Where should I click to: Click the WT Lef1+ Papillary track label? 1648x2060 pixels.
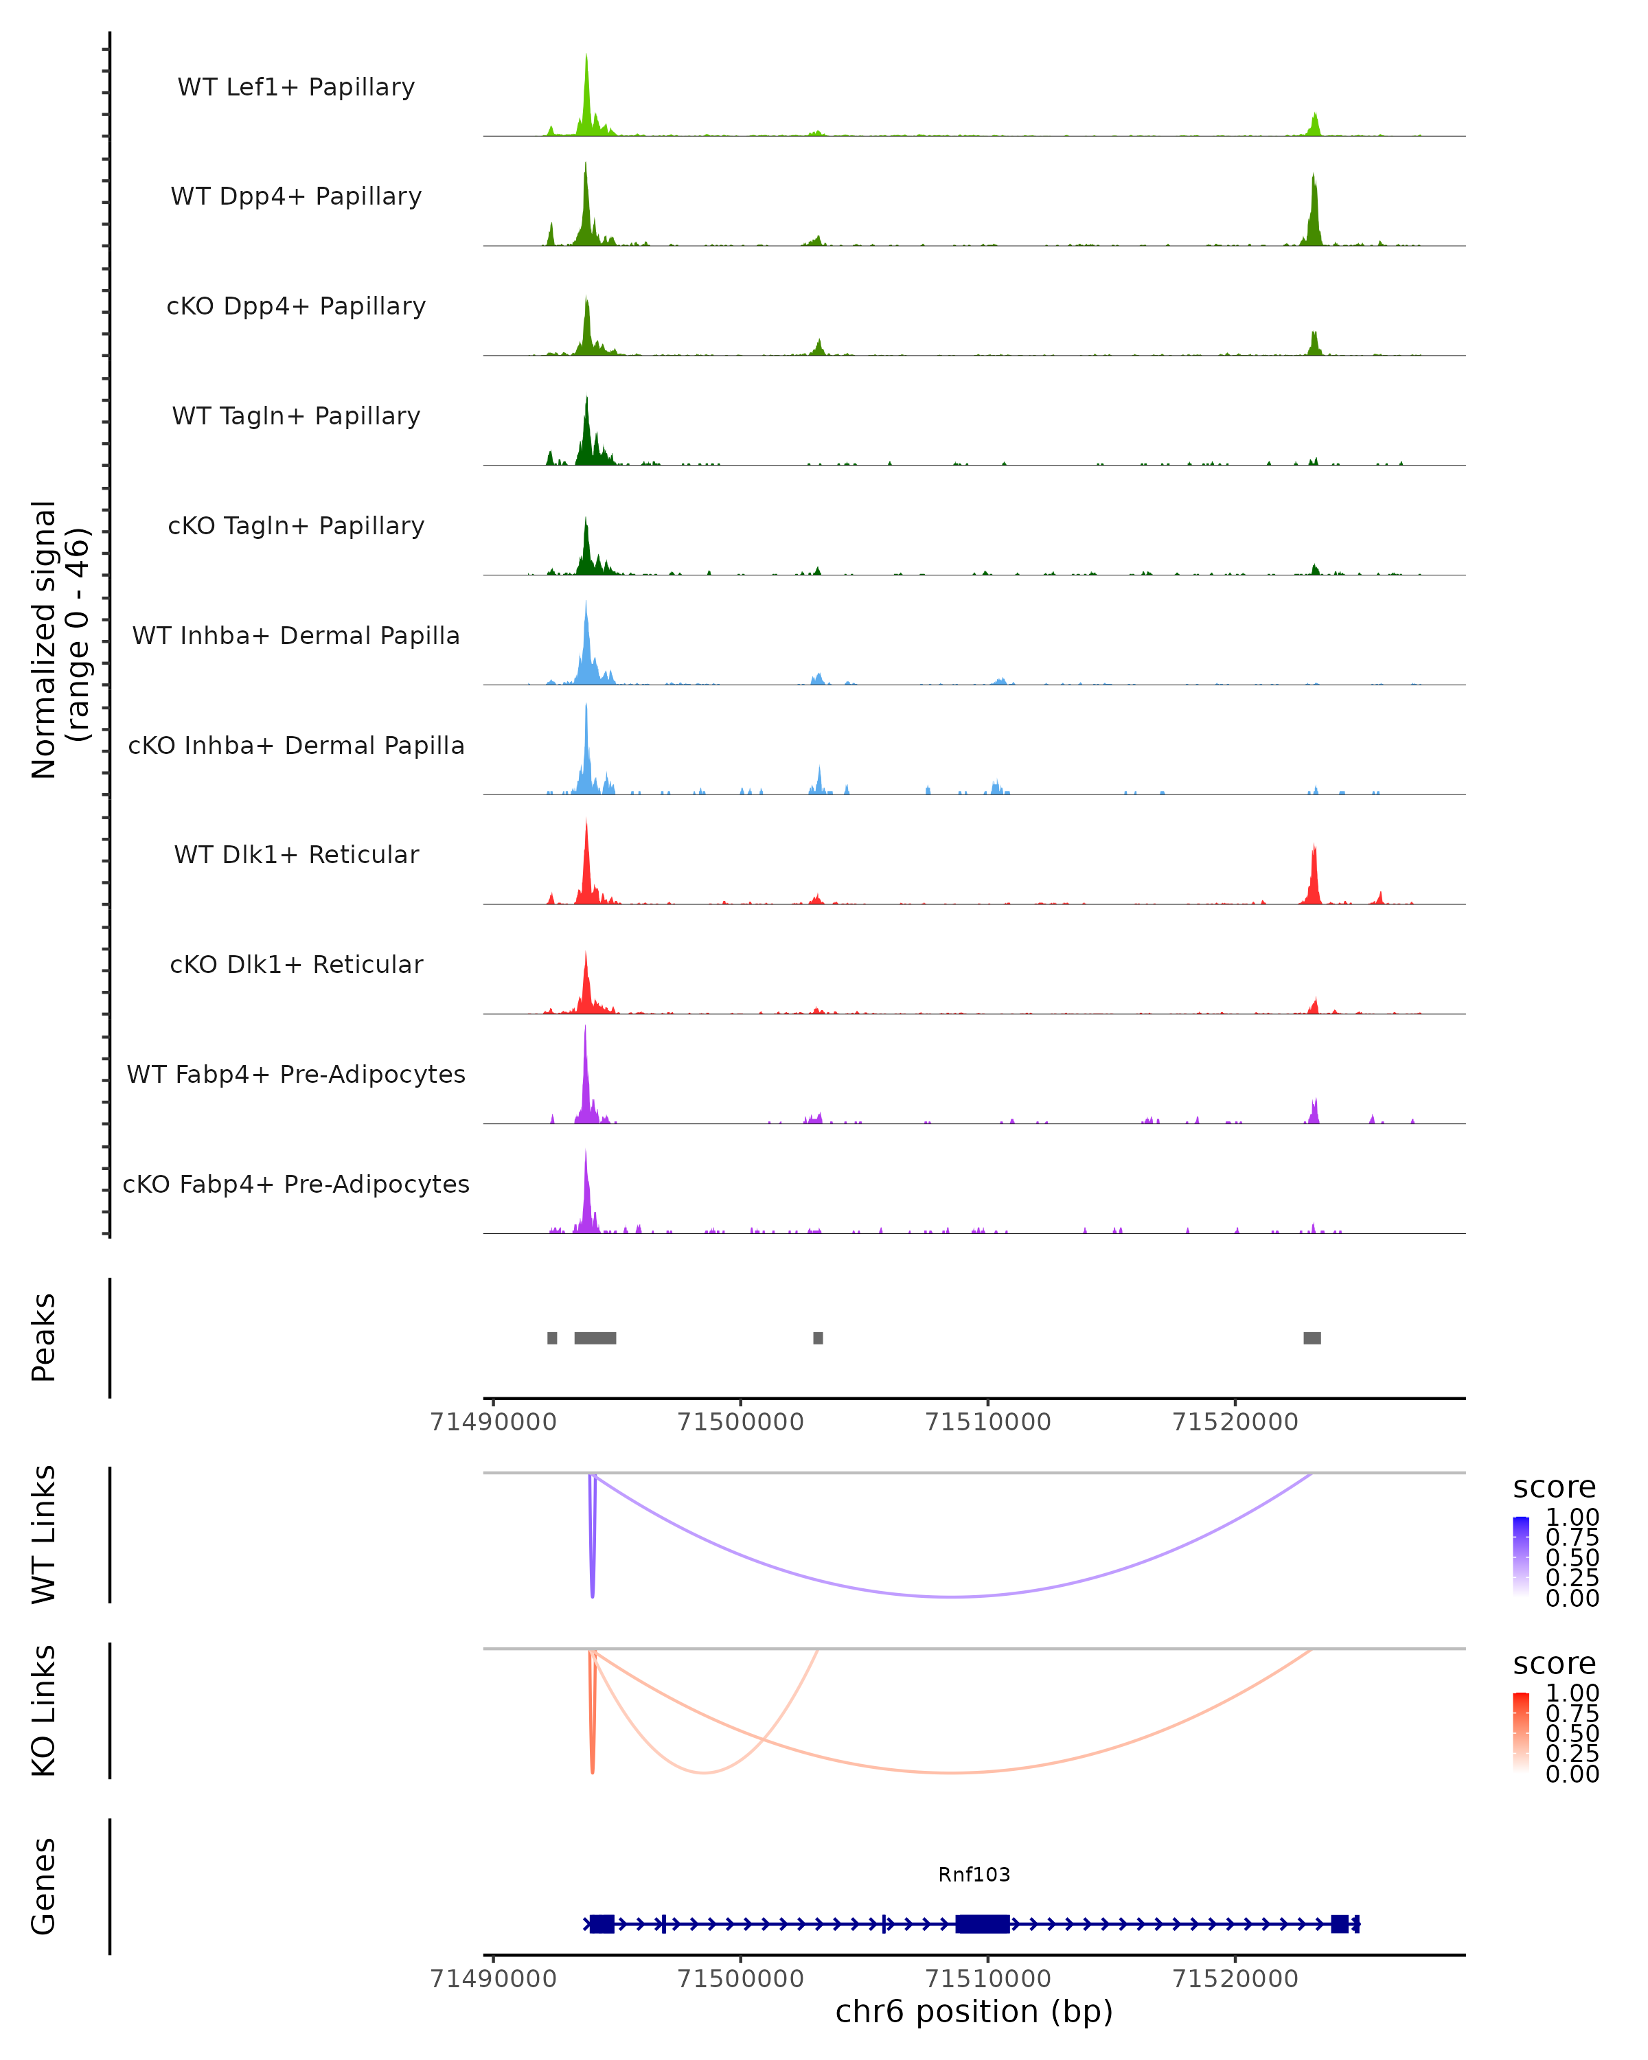point(296,88)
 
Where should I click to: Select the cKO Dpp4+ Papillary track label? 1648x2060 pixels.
point(296,307)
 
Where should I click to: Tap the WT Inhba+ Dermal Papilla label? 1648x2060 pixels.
point(296,637)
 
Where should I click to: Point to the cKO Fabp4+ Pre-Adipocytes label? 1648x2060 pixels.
point(296,1184)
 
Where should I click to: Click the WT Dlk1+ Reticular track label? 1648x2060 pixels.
point(296,855)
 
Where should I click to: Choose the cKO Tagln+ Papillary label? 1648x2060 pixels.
point(296,527)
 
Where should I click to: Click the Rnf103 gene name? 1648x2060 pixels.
point(974,1875)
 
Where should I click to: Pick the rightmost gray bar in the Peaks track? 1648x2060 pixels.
point(1312,1338)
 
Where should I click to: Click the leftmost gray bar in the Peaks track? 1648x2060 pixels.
point(552,1338)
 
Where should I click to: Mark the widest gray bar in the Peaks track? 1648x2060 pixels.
point(595,1338)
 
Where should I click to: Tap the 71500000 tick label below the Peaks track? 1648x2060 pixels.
point(740,1422)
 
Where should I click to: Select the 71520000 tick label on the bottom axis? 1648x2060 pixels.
point(1235,1979)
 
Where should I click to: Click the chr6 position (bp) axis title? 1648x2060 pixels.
point(974,2012)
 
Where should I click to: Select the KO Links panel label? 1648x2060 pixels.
point(44,1710)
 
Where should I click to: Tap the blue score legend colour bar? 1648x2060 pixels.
point(1521,1557)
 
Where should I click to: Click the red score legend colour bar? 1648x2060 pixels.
point(1521,1732)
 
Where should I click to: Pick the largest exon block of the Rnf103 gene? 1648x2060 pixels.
point(982,1924)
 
